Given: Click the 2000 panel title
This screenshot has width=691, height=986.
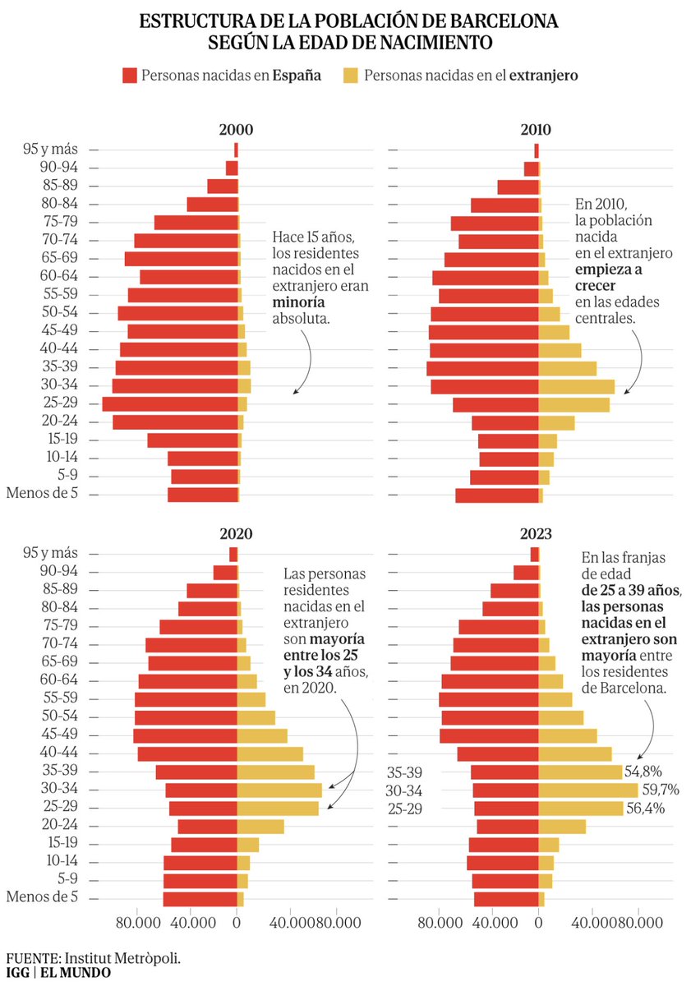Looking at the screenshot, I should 236,130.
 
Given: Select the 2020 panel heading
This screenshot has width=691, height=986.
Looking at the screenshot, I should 236,533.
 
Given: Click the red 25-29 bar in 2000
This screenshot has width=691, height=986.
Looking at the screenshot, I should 169,404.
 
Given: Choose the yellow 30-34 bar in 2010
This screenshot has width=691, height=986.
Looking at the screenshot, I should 576,386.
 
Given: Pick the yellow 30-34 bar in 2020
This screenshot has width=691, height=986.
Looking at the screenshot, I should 279,790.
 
